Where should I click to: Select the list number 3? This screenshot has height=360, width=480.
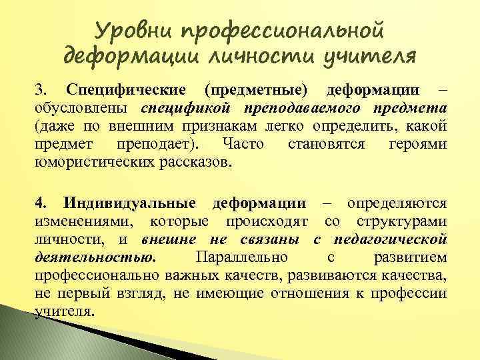41,90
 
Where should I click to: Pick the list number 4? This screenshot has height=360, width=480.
41,203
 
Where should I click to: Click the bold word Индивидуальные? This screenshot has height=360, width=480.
130,203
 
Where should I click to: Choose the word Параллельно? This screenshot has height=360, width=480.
239,257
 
